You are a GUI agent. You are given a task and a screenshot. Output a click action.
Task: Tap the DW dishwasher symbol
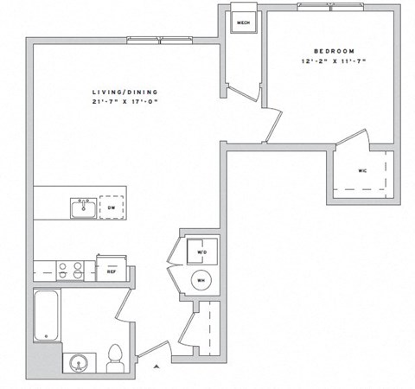pos(112,208)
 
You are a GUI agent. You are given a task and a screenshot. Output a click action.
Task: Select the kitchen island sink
pos(84,208)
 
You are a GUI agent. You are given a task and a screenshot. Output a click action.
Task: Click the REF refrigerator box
pos(112,267)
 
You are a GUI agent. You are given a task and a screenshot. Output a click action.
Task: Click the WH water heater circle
pos(201,280)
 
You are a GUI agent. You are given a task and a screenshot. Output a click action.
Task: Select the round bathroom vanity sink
pos(80,361)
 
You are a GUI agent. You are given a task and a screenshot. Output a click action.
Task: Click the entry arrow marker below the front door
pos(156,367)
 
